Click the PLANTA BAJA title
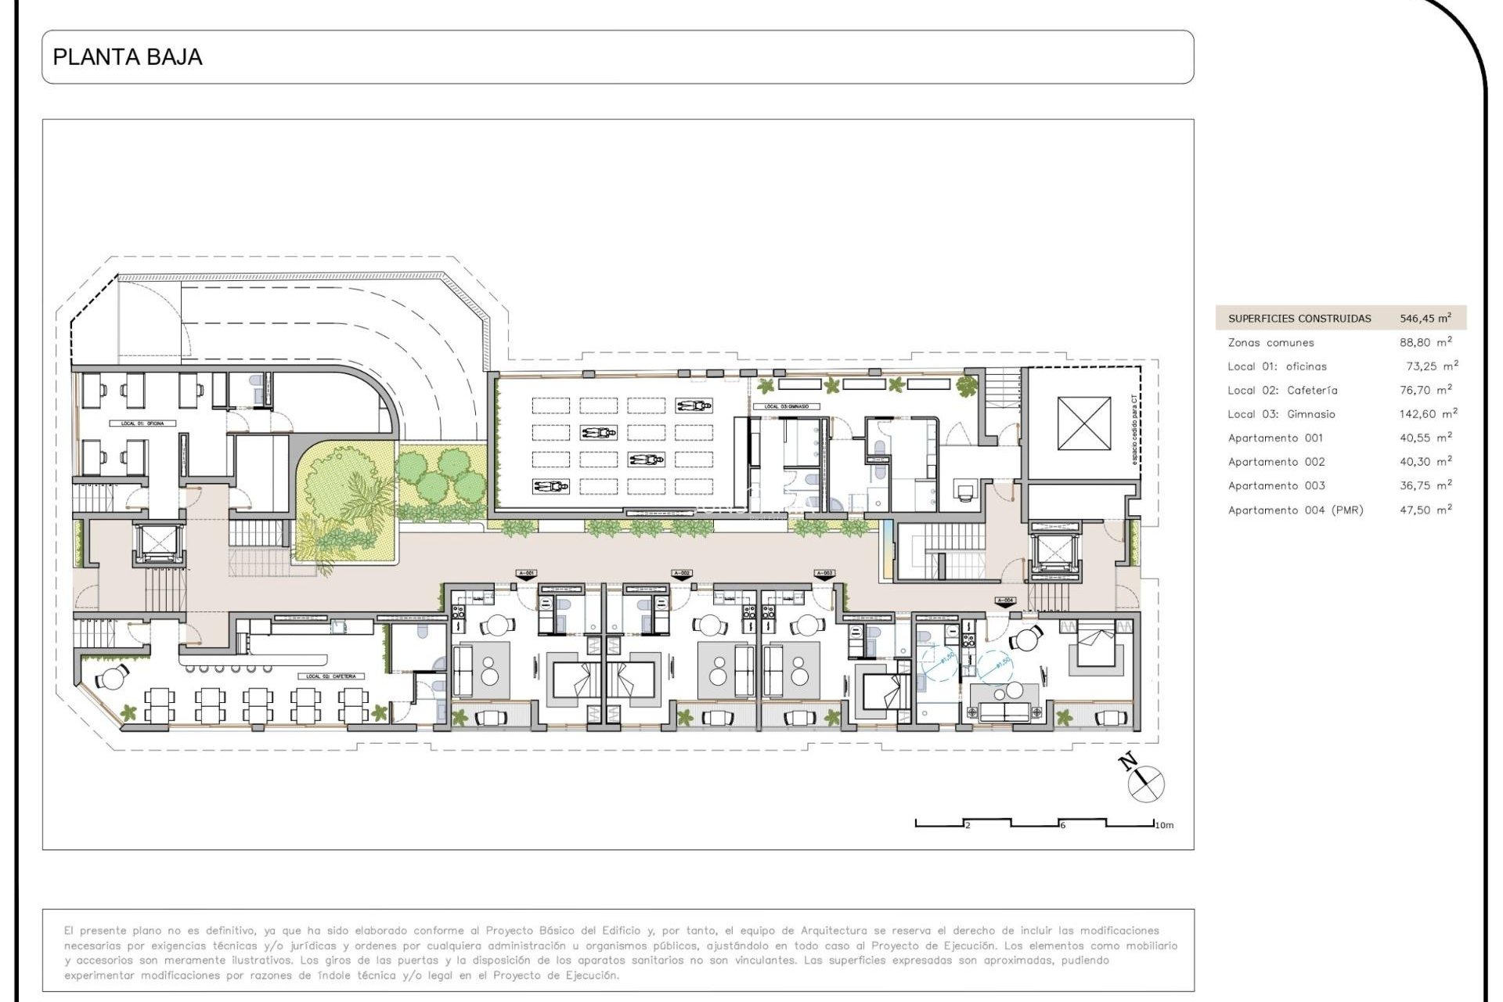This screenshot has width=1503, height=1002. coord(128,57)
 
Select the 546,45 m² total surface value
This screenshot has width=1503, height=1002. coord(1425,318)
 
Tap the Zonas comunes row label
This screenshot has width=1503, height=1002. coord(1271,342)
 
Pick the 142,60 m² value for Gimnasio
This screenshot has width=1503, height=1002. coord(1428,413)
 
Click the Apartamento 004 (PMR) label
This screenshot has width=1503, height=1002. coord(1295,510)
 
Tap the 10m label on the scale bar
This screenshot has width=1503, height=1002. coord(1164,825)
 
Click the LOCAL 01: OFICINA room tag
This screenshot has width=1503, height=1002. coord(143,423)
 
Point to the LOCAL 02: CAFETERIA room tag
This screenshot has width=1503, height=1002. coord(331,676)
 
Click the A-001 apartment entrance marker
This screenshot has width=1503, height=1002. coord(527,574)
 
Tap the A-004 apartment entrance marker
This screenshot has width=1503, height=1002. coord(1005,600)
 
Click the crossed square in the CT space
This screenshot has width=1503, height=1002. coord(1083,423)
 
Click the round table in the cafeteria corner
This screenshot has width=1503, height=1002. coord(114,678)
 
